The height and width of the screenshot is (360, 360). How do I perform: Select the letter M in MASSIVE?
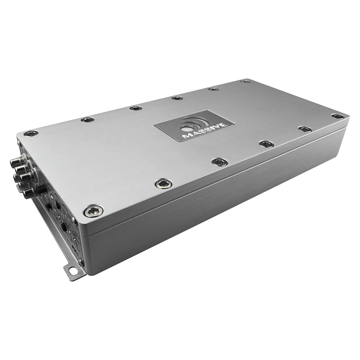tap(187, 136)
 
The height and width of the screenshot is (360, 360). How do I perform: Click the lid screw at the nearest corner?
tap(93, 211)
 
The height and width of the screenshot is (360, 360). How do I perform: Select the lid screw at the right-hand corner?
tap(337, 116)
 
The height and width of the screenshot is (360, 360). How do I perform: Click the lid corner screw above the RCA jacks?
tap(31, 134)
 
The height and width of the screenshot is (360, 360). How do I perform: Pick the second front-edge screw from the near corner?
tap(163, 184)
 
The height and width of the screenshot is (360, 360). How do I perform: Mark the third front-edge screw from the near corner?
tap(219, 162)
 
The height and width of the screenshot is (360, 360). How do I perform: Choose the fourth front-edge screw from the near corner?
tap(266, 144)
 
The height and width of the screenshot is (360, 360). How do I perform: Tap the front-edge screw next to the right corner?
tap(305, 129)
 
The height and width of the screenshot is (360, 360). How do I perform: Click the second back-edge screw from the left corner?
tap(87, 120)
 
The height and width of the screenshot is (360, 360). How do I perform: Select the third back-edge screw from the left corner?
tap(136, 108)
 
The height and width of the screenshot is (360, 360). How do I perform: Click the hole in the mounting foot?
tap(73, 270)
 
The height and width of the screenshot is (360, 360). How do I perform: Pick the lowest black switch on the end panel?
tap(64, 227)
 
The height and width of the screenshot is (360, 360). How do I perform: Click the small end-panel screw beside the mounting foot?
tap(81, 261)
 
